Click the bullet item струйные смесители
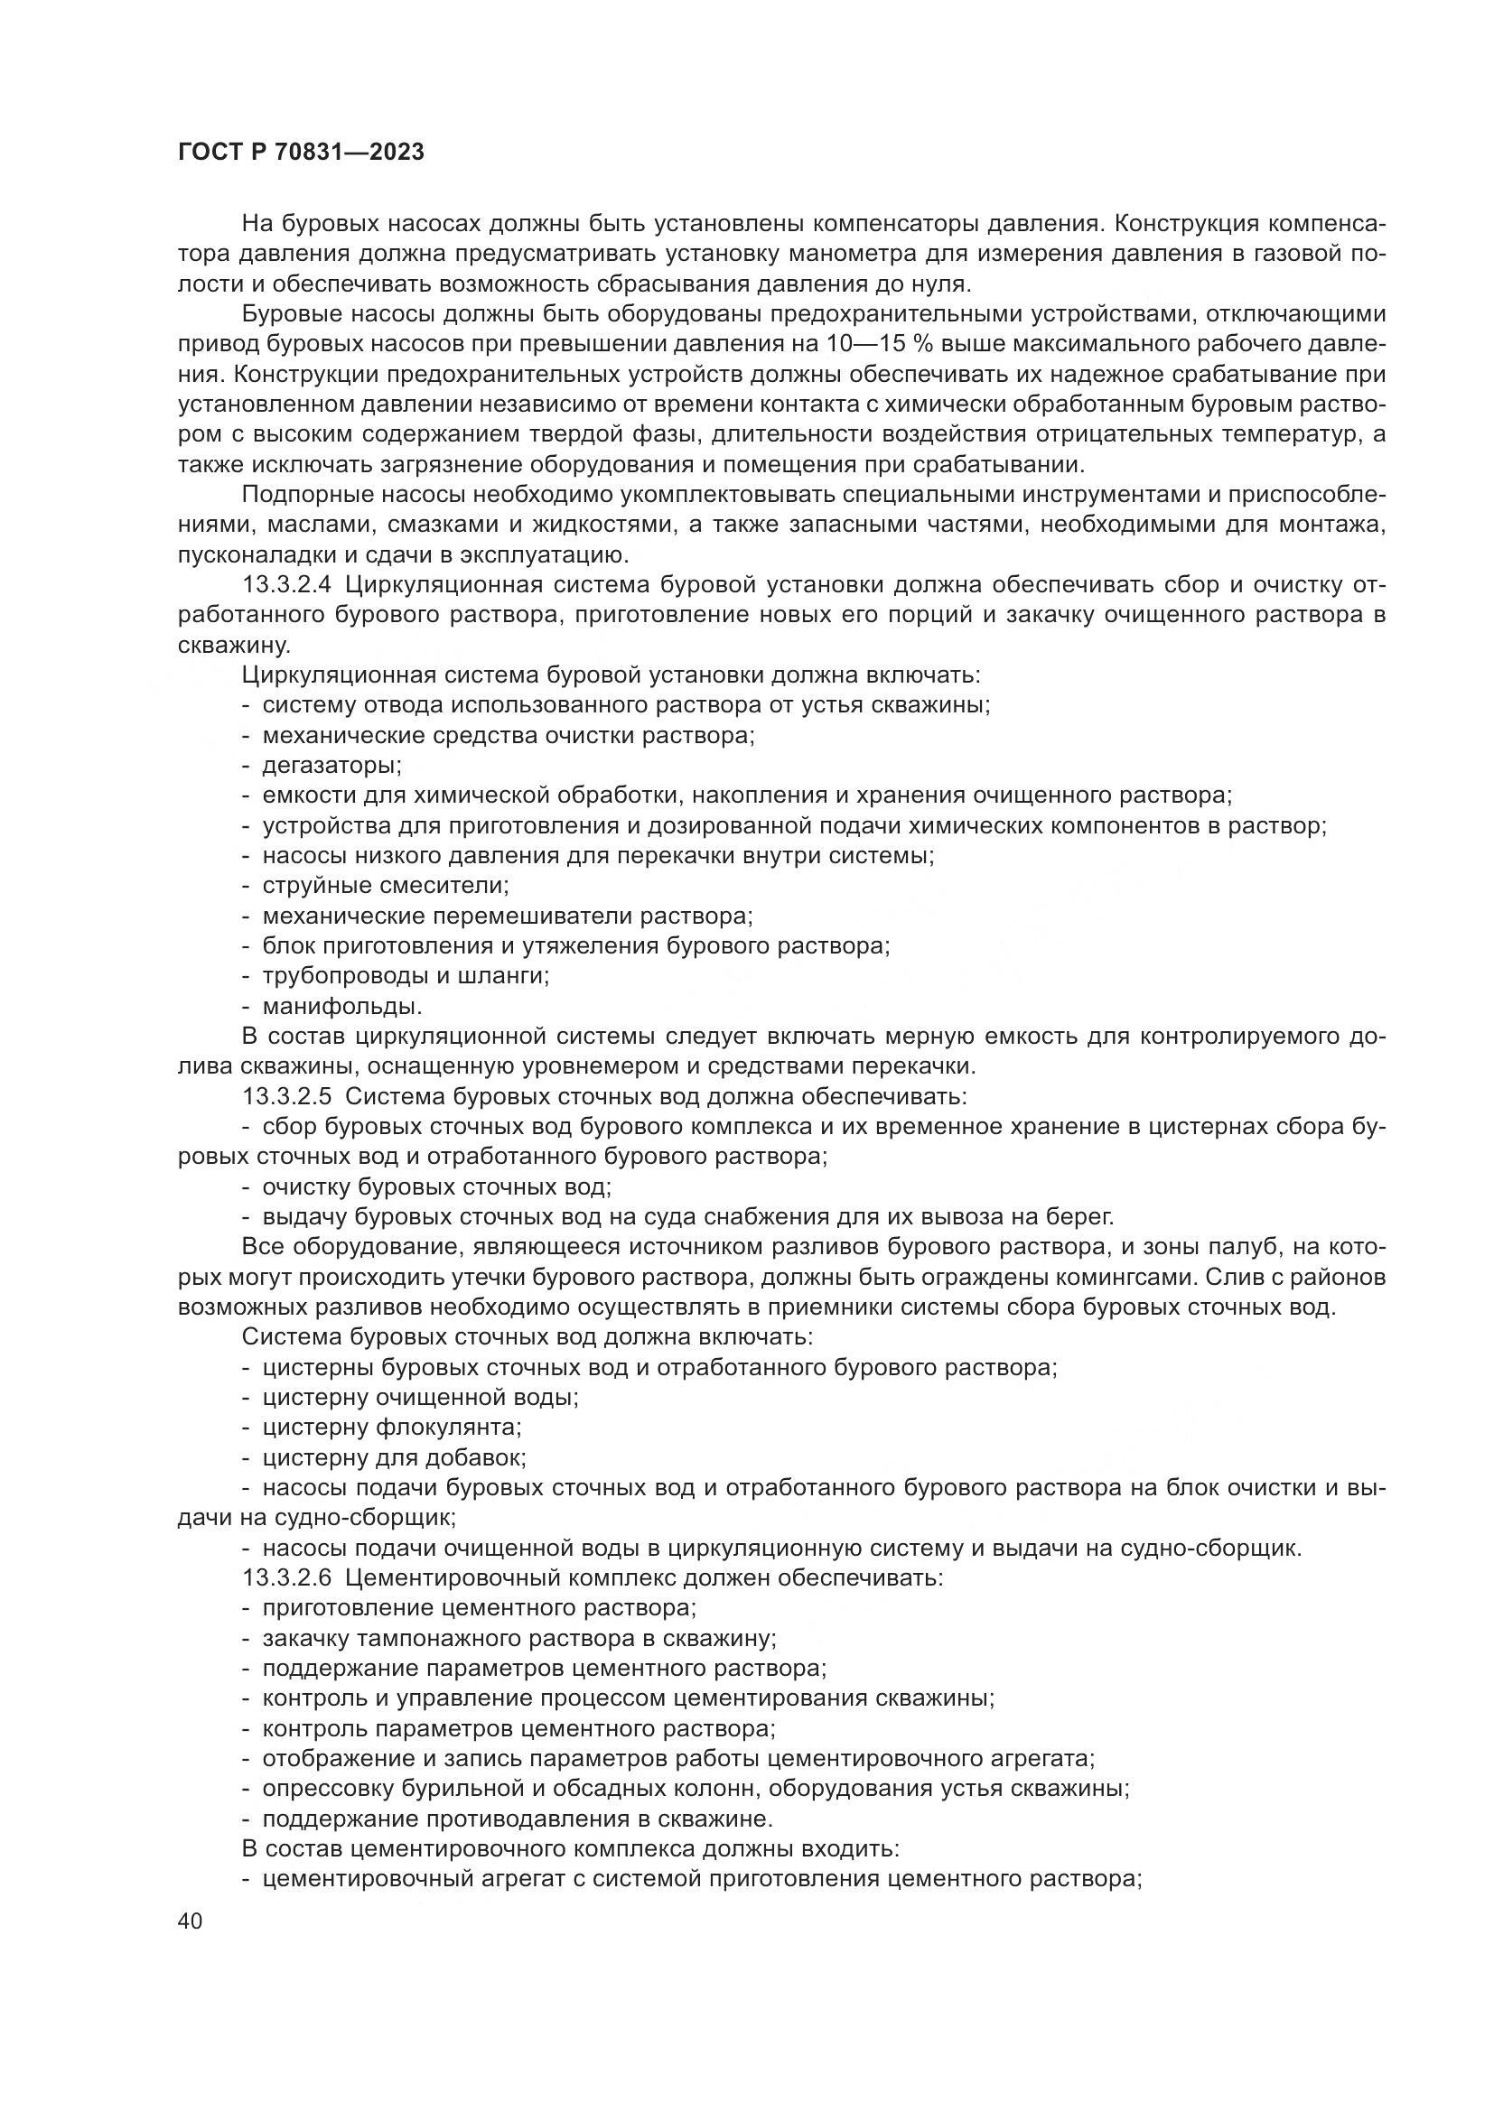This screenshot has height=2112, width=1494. click(386, 886)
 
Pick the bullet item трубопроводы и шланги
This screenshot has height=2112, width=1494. click(405, 976)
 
